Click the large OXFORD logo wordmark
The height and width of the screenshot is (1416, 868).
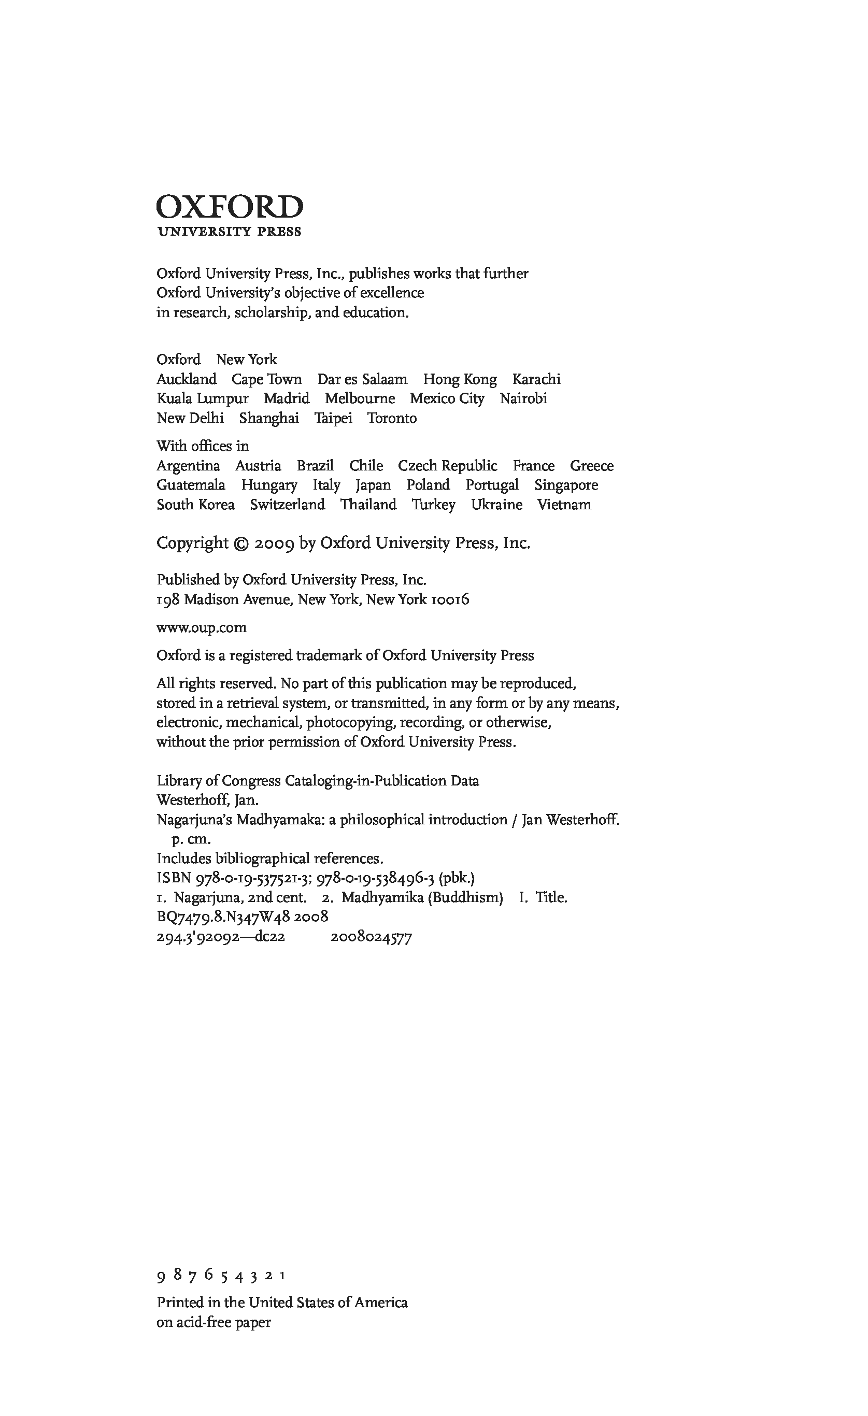pos(230,207)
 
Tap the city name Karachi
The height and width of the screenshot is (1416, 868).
pos(536,379)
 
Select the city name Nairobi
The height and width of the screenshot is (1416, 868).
pos(523,399)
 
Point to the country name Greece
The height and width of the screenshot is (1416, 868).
pos(591,466)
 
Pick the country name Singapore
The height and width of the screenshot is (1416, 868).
pos(566,485)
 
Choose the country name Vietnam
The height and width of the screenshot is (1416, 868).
pos(564,505)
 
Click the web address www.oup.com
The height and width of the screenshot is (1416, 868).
pos(201,627)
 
